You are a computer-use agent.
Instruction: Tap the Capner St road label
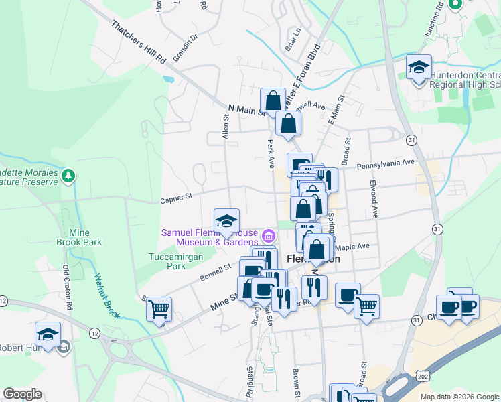point(176,197)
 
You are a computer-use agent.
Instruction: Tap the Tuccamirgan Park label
point(167,261)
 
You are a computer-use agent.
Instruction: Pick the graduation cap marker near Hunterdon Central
point(419,68)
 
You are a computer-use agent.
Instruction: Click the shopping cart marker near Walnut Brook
point(159,309)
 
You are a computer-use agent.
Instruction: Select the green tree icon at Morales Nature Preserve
point(68,176)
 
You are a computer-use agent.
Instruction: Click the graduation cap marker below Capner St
point(227,221)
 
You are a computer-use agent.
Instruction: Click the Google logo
point(22,394)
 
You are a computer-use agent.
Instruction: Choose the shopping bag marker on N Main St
point(273,101)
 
